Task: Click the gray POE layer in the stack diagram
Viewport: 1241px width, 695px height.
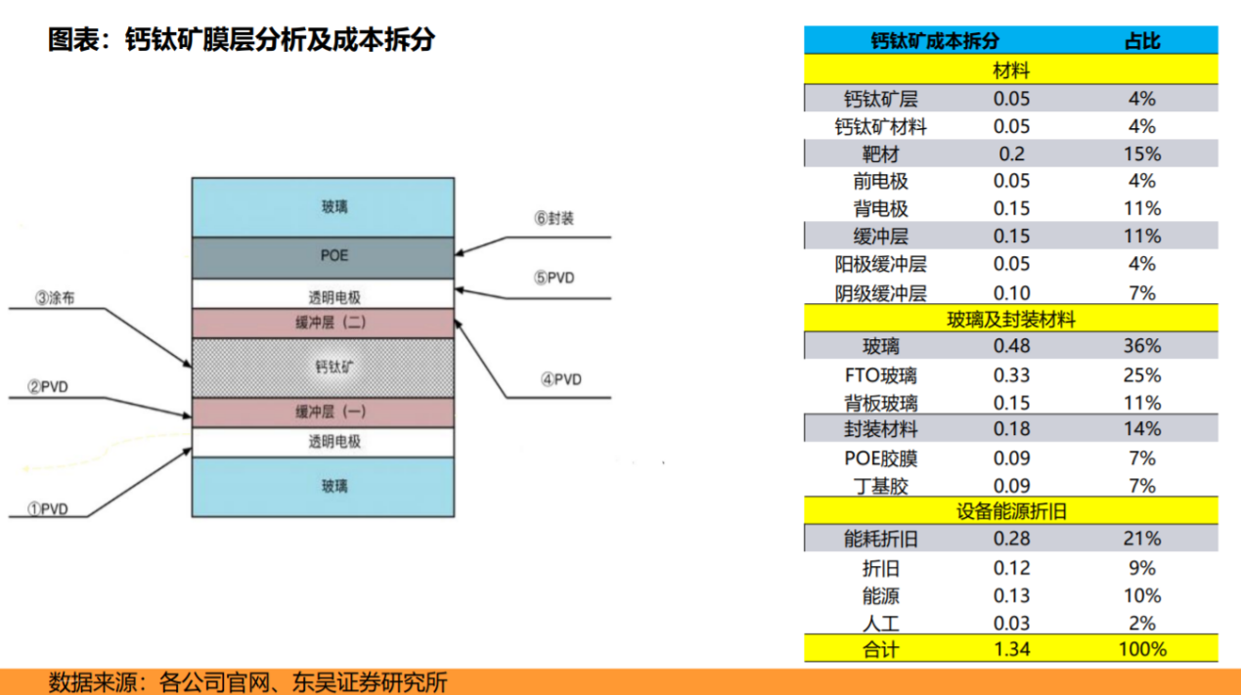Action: [x=323, y=256]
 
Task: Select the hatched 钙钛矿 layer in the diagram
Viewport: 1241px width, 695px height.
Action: [x=323, y=368]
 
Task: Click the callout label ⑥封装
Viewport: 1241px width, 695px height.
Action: [x=554, y=219]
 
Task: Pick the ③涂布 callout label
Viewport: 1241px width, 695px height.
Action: [x=55, y=298]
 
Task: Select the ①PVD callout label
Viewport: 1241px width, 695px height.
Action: [x=47, y=508]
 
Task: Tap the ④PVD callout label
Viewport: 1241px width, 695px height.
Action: [x=561, y=379]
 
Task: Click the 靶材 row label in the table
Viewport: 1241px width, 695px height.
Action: [x=880, y=154]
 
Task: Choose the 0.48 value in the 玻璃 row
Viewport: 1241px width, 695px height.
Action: [x=1011, y=346]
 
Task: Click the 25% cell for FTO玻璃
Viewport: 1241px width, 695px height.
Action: [x=1141, y=375]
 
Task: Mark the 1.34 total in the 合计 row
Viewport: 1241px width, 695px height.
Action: [x=1011, y=649]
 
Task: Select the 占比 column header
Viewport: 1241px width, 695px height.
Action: [x=1141, y=41]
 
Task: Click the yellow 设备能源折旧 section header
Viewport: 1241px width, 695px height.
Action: [x=1011, y=511]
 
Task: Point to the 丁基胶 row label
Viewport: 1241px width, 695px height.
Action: [x=880, y=486]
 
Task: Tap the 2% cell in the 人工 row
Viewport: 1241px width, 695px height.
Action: [x=1141, y=623]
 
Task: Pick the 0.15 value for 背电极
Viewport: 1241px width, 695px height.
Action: [x=1011, y=208]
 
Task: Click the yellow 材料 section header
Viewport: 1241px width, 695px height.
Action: [x=1011, y=70]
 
